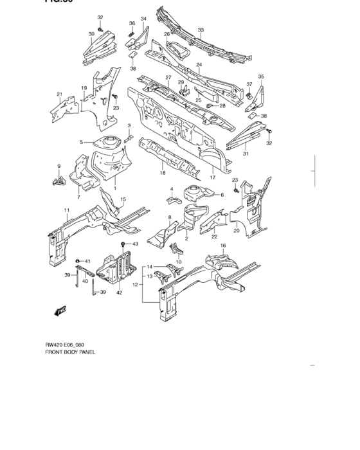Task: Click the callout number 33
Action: tap(201, 30)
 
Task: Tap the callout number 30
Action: tap(91, 33)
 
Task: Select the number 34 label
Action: tap(143, 19)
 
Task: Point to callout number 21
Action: tap(60, 94)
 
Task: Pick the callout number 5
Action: tap(82, 142)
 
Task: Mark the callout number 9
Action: tap(59, 166)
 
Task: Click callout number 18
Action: tap(163, 173)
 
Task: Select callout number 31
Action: tap(245, 153)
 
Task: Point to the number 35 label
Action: tap(260, 76)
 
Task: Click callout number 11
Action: tap(66, 211)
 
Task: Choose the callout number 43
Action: tap(136, 244)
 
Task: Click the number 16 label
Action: tap(223, 246)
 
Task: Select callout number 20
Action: tap(237, 231)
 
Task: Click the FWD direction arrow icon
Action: tap(61, 311)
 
